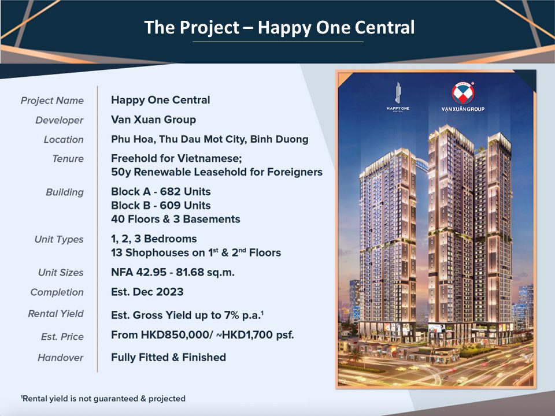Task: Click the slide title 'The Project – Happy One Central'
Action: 279,28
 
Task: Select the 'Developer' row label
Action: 60,120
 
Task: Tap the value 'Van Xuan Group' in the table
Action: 153,120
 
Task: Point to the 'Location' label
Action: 64,139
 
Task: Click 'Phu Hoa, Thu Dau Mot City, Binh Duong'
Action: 209,139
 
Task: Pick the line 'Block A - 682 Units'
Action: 161,191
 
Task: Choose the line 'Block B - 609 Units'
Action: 161,205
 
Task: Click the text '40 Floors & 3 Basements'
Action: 176,219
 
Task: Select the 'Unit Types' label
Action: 59,239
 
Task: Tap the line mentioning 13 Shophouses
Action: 196,252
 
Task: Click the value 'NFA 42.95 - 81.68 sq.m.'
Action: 173,272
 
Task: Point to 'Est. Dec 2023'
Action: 147,292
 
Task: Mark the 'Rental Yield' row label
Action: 56,314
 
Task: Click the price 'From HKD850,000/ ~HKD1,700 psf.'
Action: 202,335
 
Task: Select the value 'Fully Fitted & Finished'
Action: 168,357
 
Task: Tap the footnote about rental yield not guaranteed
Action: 103,399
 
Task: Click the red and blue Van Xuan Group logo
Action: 462,93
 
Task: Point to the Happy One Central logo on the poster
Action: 398,97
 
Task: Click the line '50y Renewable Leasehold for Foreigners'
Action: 217,172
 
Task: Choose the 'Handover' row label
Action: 61,358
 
